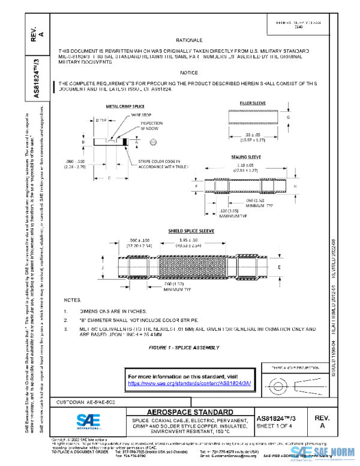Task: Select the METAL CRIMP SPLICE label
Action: point(125,106)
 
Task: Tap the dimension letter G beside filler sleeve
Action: point(287,118)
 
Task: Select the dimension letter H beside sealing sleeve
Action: point(294,187)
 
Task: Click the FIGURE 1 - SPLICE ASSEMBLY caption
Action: point(184,348)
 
